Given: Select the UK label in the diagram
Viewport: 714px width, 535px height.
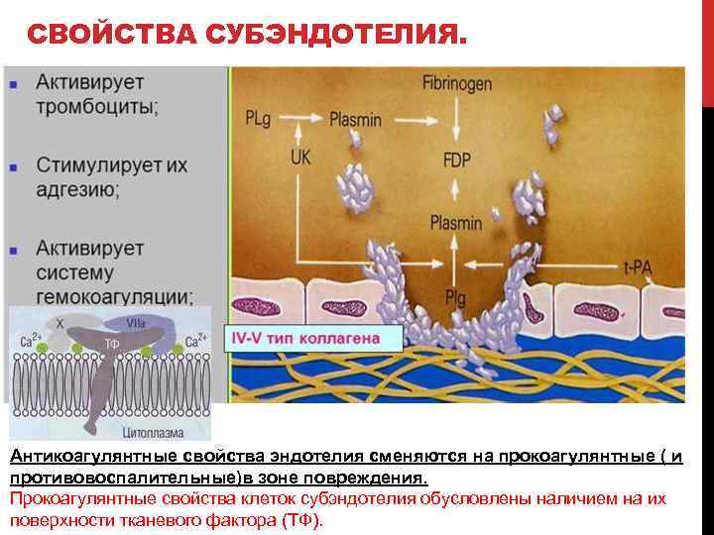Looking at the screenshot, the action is pos(302,155).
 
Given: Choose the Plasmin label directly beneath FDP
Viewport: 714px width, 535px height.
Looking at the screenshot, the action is pos(455,223).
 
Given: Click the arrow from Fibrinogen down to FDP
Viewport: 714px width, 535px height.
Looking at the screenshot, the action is pos(456,120).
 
